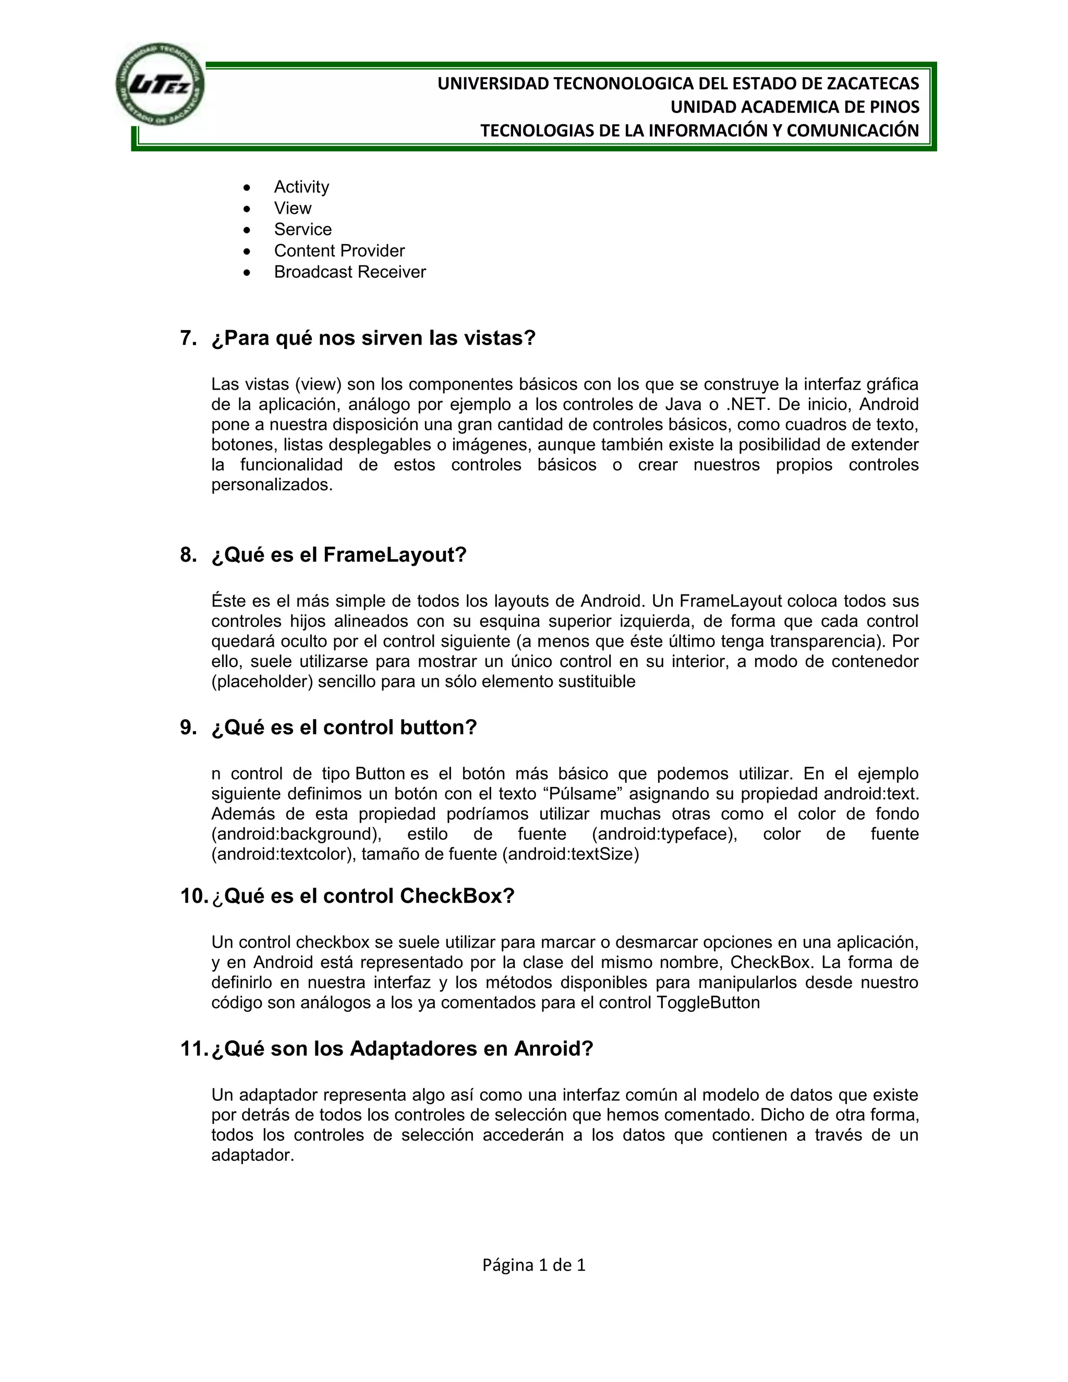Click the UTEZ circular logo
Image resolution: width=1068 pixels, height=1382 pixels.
click(x=160, y=85)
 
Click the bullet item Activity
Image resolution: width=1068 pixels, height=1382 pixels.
click(x=301, y=187)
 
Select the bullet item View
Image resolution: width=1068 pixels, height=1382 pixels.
click(x=293, y=208)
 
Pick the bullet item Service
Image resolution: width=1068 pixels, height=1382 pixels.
click(x=302, y=229)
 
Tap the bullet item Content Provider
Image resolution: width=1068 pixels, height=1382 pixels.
click(x=339, y=250)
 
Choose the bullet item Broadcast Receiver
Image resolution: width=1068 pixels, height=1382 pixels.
click(x=350, y=272)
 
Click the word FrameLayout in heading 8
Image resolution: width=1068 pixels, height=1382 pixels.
click(x=394, y=555)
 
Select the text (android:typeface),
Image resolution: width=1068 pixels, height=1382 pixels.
click(x=664, y=834)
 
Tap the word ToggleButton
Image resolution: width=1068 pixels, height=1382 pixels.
click(x=708, y=1002)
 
